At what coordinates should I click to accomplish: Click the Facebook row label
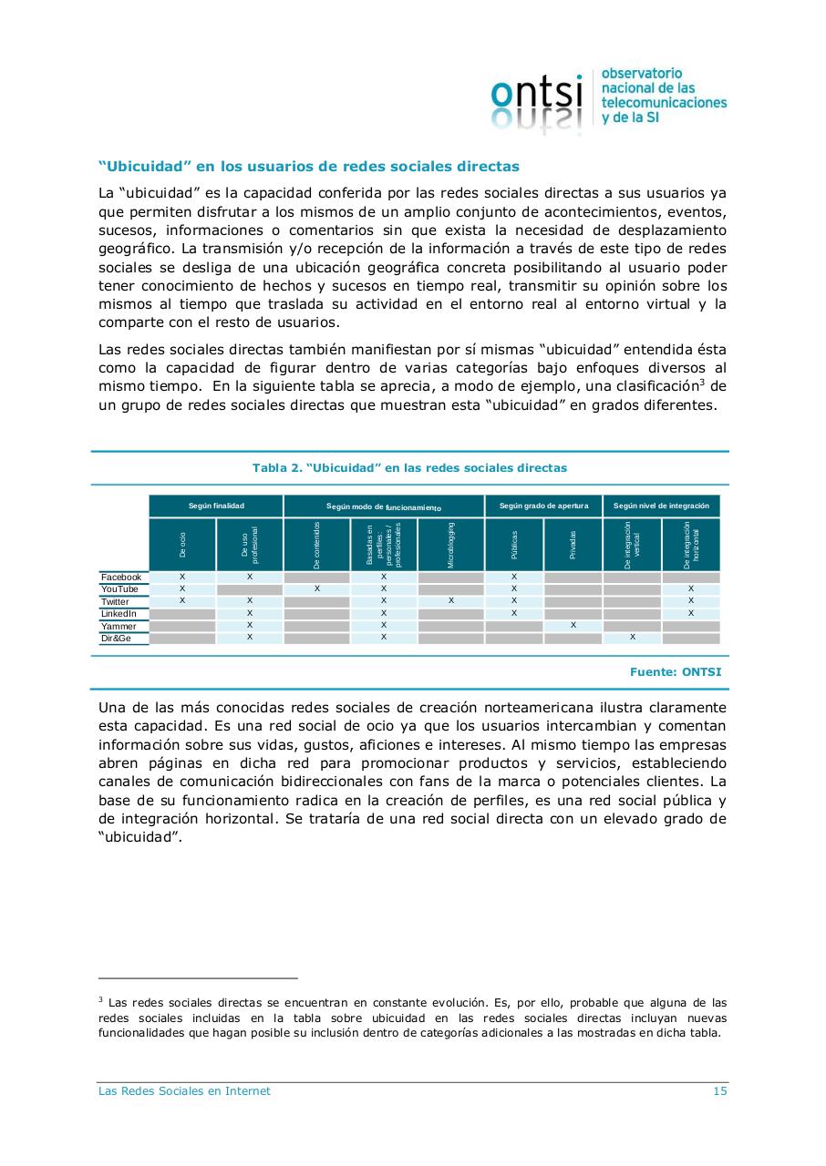(121, 578)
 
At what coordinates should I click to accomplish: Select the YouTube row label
(119, 589)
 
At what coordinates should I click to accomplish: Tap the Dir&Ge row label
(116, 639)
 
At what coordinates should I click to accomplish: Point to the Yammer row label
(119, 627)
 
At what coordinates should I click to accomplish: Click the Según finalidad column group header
(216, 506)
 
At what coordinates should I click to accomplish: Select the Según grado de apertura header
(543, 506)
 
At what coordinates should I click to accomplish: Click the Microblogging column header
(450, 545)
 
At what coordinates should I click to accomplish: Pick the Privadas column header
(573, 545)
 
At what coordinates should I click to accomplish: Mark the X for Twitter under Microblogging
(451, 601)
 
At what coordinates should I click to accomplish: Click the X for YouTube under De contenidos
(317, 589)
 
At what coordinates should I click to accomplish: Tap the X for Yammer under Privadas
(573, 625)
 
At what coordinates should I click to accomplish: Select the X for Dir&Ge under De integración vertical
(632, 638)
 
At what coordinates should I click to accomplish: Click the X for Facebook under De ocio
(182, 578)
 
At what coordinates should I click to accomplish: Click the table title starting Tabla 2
(409, 468)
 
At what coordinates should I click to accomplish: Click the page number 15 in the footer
(719, 1091)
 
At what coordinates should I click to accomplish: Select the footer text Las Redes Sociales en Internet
(184, 1091)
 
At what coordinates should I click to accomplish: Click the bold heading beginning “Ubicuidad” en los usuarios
(308, 167)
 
